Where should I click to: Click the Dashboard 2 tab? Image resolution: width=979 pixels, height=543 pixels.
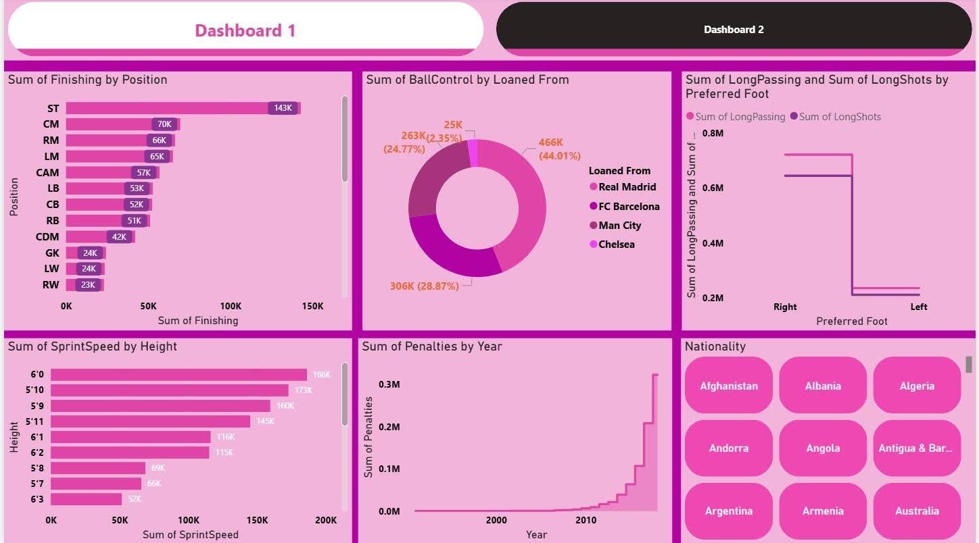click(x=734, y=30)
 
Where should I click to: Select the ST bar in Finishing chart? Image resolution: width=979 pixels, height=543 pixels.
click(x=169, y=108)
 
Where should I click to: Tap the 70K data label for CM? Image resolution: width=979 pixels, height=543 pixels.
click(x=164, y=124)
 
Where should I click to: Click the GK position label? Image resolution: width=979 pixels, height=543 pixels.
click(x=52, y=253)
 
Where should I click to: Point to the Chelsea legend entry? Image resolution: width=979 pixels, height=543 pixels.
click(x=616, y=244)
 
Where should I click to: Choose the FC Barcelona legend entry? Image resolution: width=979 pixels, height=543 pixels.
click(x=629, y=207)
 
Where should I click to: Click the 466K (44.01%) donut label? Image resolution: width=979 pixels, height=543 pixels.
click(x=559, y=149)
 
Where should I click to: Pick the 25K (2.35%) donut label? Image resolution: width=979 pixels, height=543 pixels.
click(x=453, y=131)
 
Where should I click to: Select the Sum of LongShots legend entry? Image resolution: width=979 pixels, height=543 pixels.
click(x=839, y=117)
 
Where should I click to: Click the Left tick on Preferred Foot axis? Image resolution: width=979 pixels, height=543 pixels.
click(x=919, y=307)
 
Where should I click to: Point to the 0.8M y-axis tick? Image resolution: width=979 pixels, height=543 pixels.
click(x=713, y=134)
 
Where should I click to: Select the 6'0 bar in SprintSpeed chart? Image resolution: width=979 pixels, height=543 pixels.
click(x=178, y=375)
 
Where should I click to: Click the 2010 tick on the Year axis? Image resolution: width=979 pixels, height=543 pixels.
click(x=586, y=520)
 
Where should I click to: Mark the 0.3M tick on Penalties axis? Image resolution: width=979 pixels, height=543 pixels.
click(x=389, y=384)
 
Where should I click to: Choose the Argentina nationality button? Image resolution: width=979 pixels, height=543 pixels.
click(x=728, y=511)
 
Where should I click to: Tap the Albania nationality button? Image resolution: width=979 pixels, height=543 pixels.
click(x=823, y=386)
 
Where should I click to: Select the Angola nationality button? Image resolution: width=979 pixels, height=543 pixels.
click(x=823, y=448)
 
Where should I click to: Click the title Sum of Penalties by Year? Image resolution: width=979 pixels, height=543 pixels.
click(x=432, y=346)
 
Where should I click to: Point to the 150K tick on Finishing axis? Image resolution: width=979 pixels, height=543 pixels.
click(x=312, y=306)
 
